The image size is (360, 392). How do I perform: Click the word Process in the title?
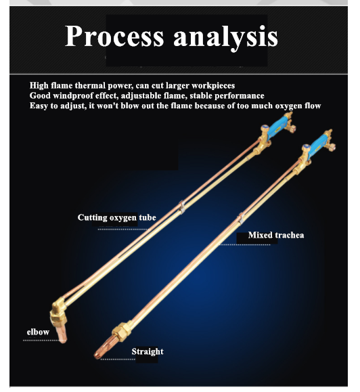point(114,36)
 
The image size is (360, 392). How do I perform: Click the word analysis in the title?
point(225,38)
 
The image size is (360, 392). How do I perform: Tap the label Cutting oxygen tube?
point(116,217)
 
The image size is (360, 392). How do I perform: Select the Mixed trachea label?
point(276,235)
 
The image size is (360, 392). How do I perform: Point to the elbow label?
point(38,332)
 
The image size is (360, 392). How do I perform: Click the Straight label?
point(148,352)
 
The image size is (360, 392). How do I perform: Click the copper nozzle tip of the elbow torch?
point(61,334)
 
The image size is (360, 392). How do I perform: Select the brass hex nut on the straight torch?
point(121,332)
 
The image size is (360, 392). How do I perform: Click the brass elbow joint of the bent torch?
point(59,310)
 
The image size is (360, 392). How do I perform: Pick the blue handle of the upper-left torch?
point(277,127)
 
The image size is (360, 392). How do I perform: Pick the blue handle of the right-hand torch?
point(318,146)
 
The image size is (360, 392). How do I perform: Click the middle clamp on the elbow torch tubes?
point(182,207)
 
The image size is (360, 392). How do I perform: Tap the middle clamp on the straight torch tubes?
point(241,217)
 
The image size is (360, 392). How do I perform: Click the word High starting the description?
point(39,85)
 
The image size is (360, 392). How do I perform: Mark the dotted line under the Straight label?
point(118,360)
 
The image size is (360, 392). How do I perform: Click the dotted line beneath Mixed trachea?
point(245,244)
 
